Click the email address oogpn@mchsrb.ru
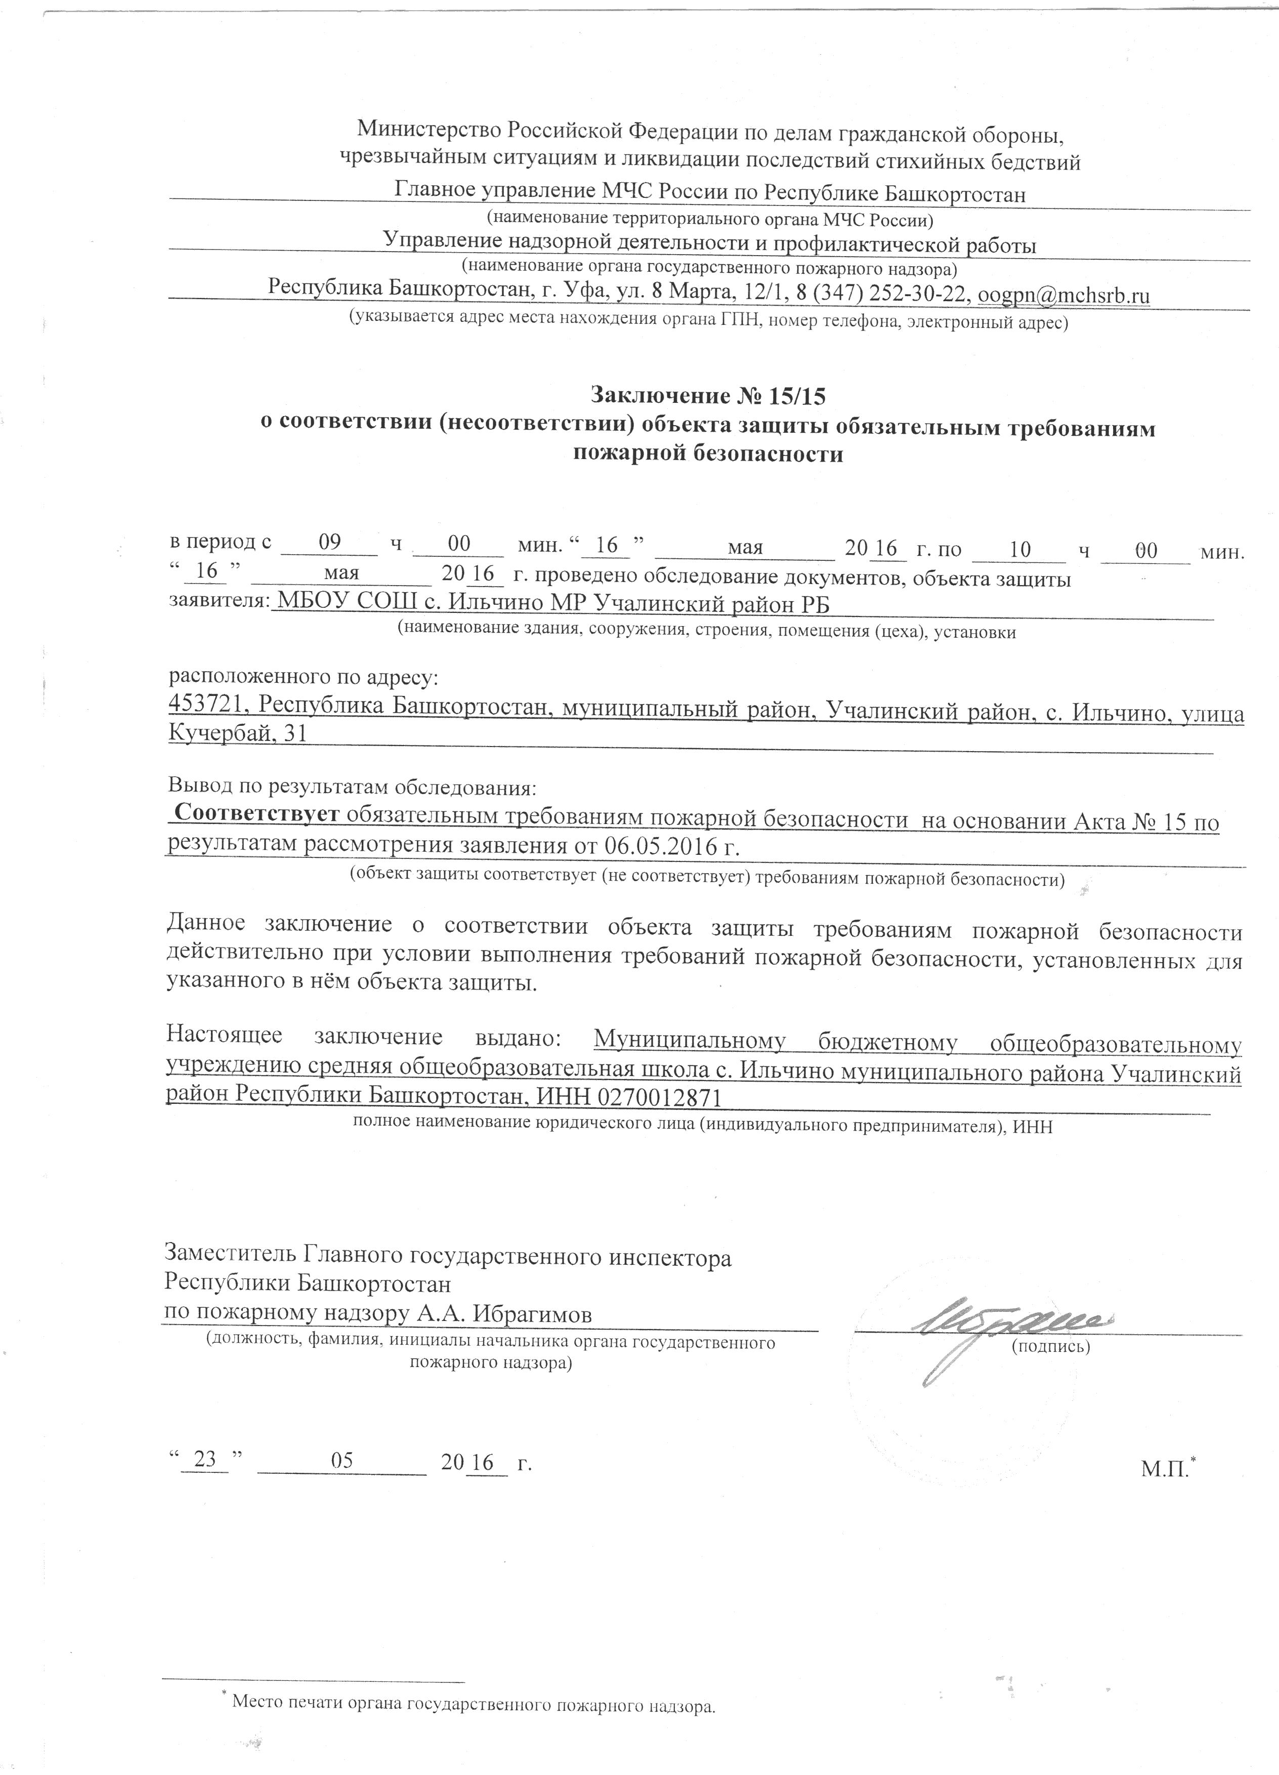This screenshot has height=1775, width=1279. point(1064,296)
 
